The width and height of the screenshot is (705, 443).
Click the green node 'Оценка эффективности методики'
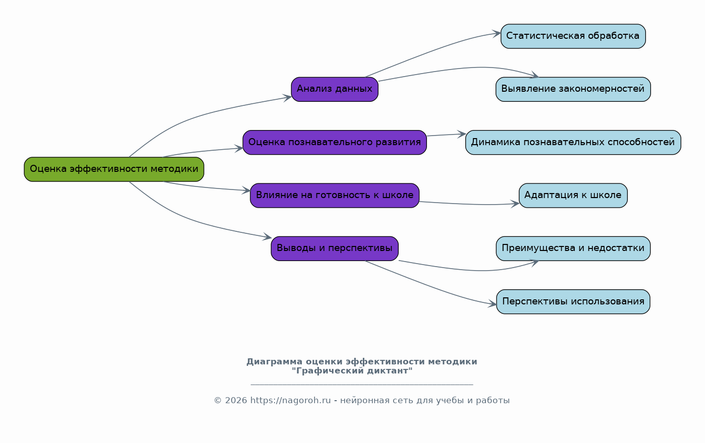114,169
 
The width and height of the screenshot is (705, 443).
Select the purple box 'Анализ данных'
335,89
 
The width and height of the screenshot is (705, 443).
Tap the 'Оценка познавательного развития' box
335,143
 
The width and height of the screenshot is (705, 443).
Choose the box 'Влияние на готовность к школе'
335,196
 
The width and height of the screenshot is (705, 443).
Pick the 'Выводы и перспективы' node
335,248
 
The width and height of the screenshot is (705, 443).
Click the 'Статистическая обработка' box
573,36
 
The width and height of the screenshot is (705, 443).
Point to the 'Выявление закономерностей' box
573,89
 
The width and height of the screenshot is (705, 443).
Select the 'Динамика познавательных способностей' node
573,143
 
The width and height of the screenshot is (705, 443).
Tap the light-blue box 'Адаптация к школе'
573,196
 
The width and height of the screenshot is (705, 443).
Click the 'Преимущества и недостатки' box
573,248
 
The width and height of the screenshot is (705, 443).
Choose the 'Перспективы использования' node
573,302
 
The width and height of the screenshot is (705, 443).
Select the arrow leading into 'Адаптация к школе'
469,204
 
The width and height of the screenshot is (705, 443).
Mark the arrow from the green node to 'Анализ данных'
202,113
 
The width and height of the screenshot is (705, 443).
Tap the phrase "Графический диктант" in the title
352,371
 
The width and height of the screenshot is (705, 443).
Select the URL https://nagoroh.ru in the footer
291,401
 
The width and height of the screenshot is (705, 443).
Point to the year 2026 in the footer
236,401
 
